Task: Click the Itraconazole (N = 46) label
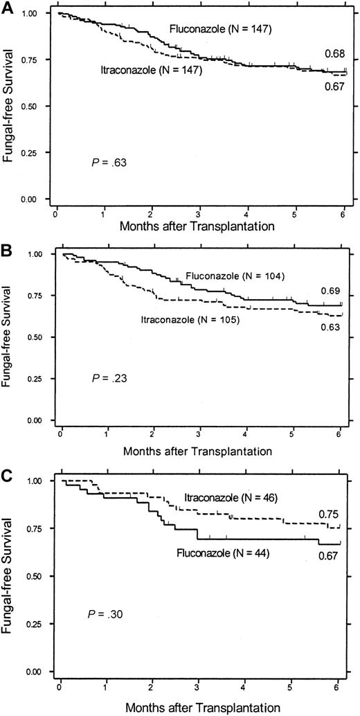[x=238, y=498]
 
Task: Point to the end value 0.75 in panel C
[x=328, y=514]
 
